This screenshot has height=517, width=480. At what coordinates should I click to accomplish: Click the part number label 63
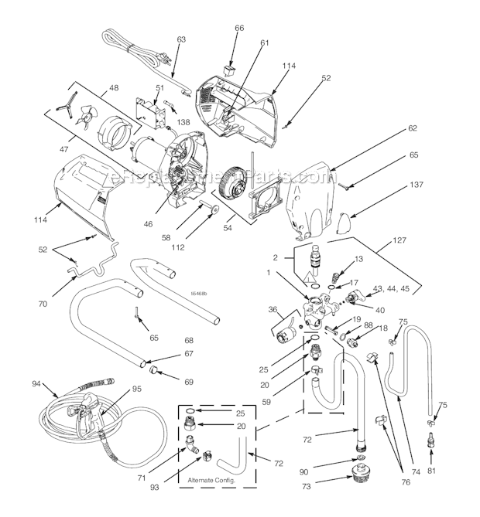coord(182,38)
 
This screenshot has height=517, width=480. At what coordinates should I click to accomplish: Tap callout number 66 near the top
coord(240,28)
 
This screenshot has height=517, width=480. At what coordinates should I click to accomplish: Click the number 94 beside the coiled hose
coord(36,384)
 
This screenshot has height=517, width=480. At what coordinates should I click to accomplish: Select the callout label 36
coord(273,310)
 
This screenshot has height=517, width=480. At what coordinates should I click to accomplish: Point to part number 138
coord(183,122)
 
